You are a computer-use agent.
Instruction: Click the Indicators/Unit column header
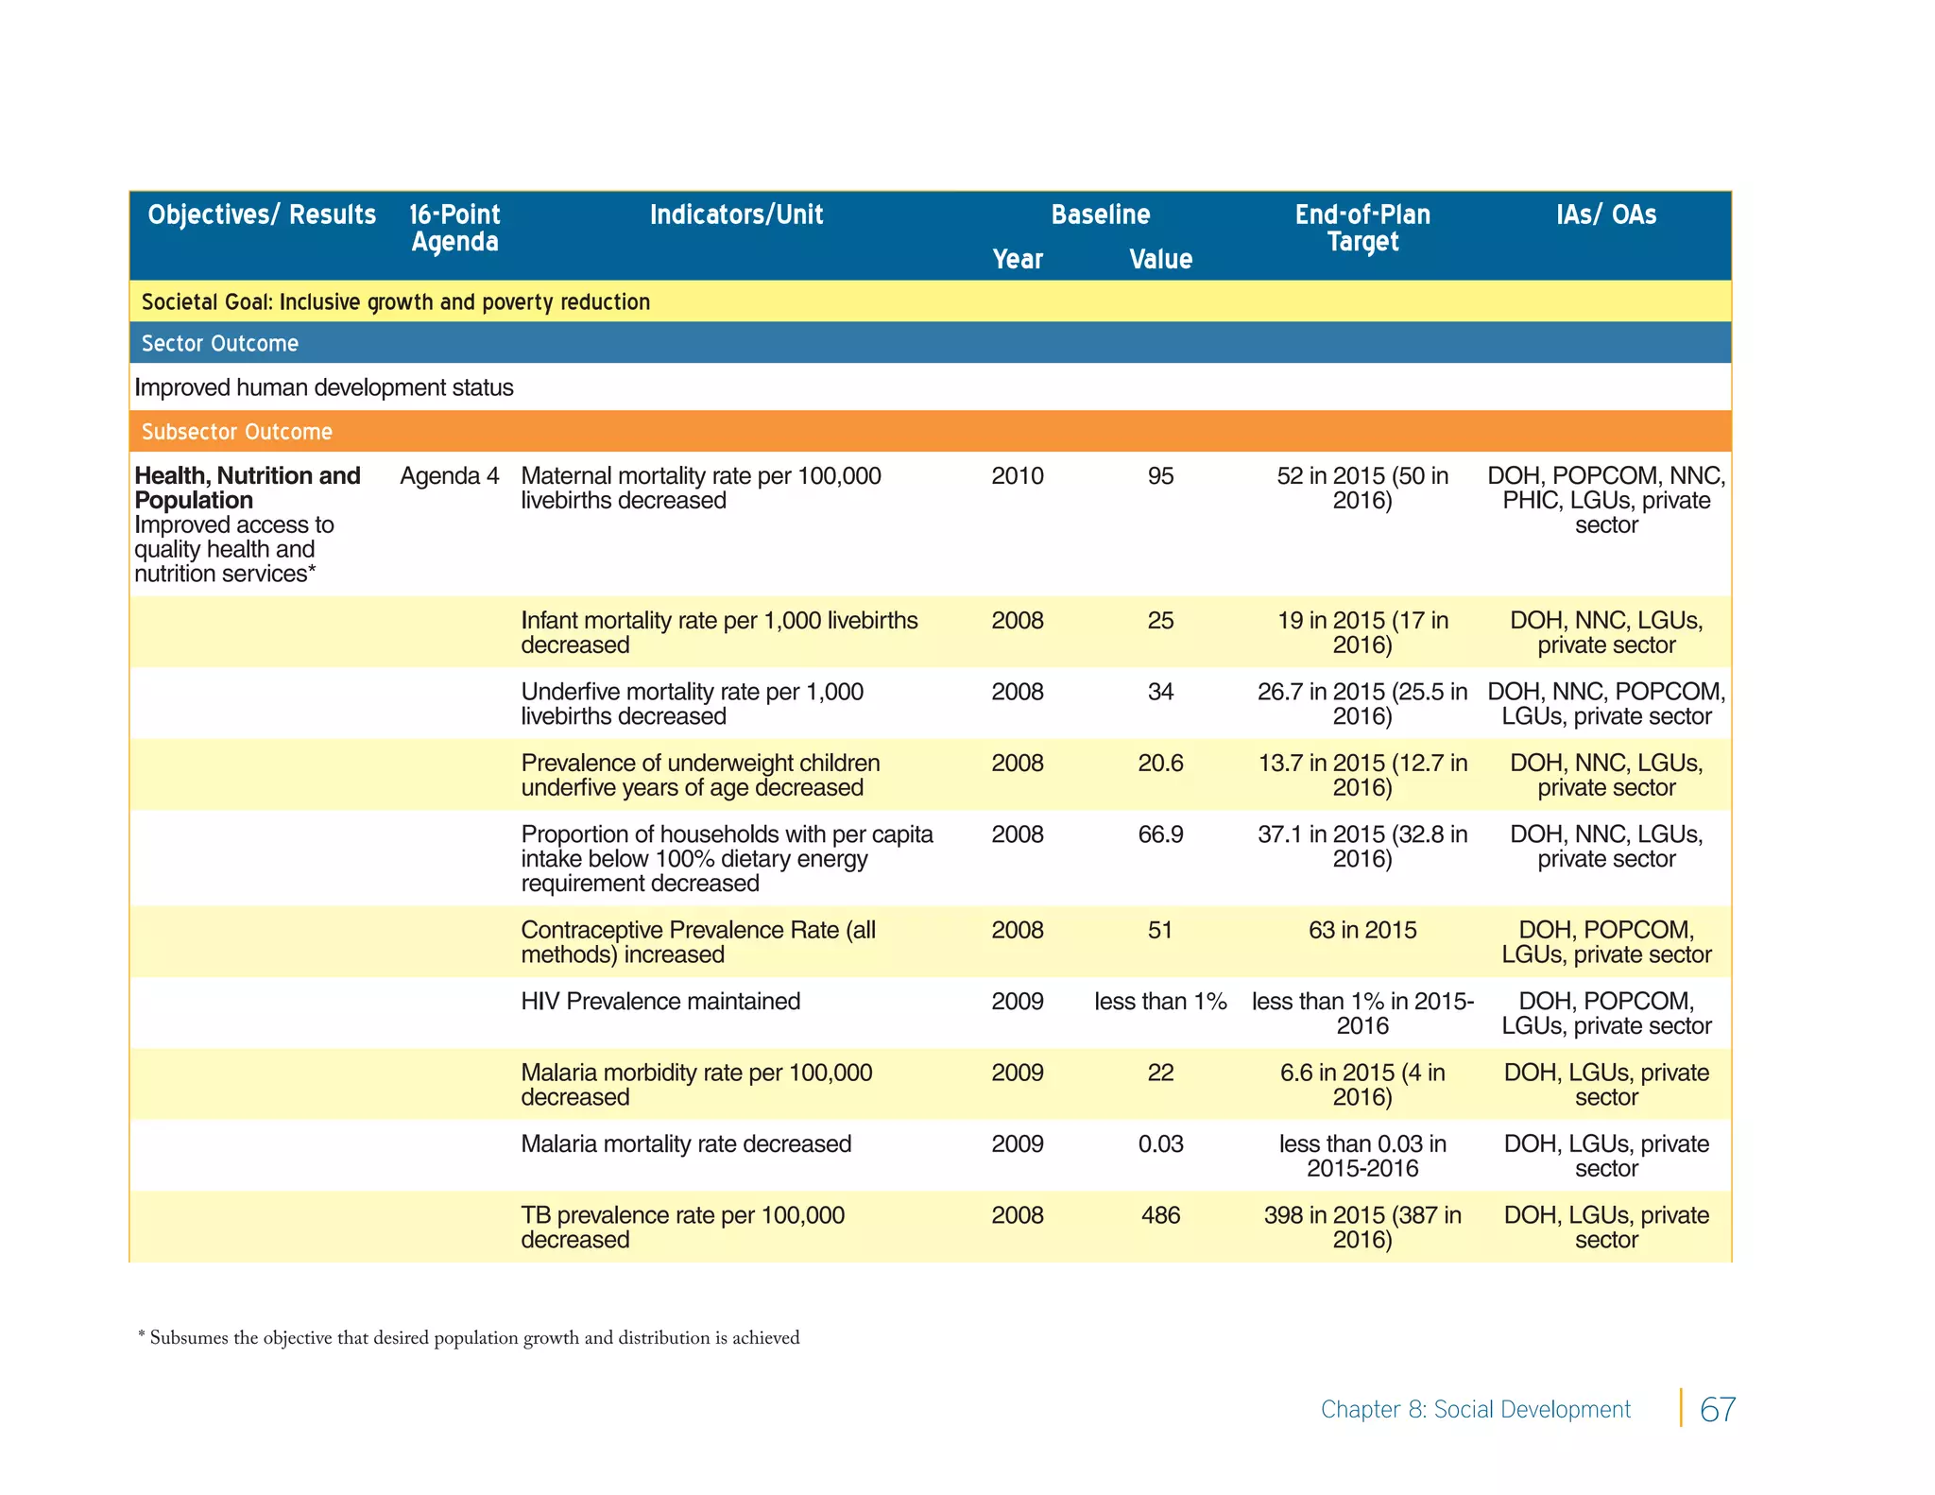736,215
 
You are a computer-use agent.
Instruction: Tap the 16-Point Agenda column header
454,228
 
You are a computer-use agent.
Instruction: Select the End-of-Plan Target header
1362,228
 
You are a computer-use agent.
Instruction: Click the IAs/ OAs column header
1606,215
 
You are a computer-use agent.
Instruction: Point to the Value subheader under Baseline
1160,259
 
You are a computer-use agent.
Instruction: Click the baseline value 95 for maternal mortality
1160,476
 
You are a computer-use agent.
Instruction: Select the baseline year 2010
1018,476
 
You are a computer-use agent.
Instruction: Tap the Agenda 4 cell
449,476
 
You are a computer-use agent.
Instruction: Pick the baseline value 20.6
1160,764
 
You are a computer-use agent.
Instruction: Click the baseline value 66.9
1160,834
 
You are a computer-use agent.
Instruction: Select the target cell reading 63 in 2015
1362,930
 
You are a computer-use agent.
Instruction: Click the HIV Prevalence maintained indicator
660,1002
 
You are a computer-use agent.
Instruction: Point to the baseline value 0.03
1160,1144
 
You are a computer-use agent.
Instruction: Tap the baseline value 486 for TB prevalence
1160,1215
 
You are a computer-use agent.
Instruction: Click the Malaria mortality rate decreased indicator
686,1144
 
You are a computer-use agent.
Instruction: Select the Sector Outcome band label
220,343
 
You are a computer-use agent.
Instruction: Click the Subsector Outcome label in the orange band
237,432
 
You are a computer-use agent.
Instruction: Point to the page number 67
1717,1409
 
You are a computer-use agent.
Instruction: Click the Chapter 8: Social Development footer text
1475,1409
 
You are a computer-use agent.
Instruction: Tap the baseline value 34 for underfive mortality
1160,692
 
